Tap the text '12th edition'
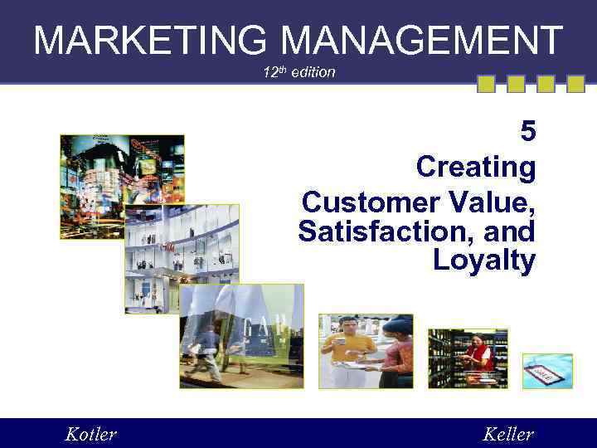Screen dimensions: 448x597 [298, 72]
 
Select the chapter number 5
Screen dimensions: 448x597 [527, 132]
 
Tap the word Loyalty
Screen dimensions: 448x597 [484, 261]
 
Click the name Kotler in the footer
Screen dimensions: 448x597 [90, 434]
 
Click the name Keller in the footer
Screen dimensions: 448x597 [507, 434]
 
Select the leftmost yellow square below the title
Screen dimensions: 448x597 [486, 84]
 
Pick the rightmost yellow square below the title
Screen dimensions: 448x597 [575, 84]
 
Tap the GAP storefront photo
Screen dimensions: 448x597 [241, 336]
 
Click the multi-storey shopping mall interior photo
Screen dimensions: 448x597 [182, 258]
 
